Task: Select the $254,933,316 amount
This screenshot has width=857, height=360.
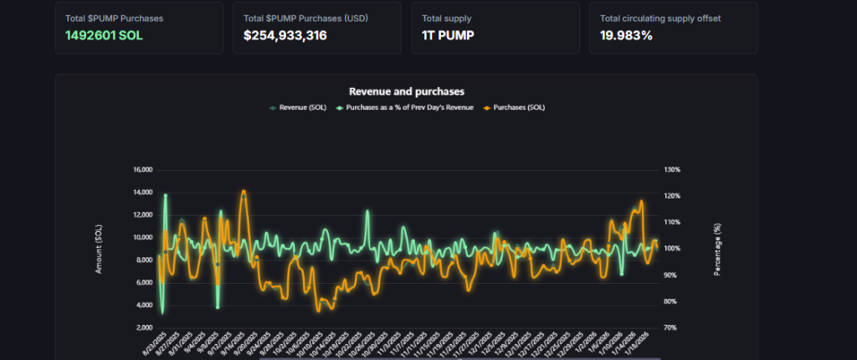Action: (285, 35)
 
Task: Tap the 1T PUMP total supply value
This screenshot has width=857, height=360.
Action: (448, 35)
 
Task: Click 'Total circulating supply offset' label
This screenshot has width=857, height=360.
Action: (660, 18)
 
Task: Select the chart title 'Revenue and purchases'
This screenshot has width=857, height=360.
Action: (406, 91)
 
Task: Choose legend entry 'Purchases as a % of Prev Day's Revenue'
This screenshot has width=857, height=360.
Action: (405, 107)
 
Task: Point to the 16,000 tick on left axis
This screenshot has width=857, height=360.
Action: (142, 169)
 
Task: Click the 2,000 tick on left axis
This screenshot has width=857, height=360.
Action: (144, 327)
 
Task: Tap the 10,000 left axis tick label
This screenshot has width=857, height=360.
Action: (142, 237)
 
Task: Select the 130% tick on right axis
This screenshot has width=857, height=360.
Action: (673, 169)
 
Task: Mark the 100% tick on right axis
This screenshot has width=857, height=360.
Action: (673, 249)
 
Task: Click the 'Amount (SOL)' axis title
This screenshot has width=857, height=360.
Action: (98, 249)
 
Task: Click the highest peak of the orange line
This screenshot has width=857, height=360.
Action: (244, 191)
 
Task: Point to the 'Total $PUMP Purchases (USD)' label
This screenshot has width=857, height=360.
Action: (294, 18)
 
